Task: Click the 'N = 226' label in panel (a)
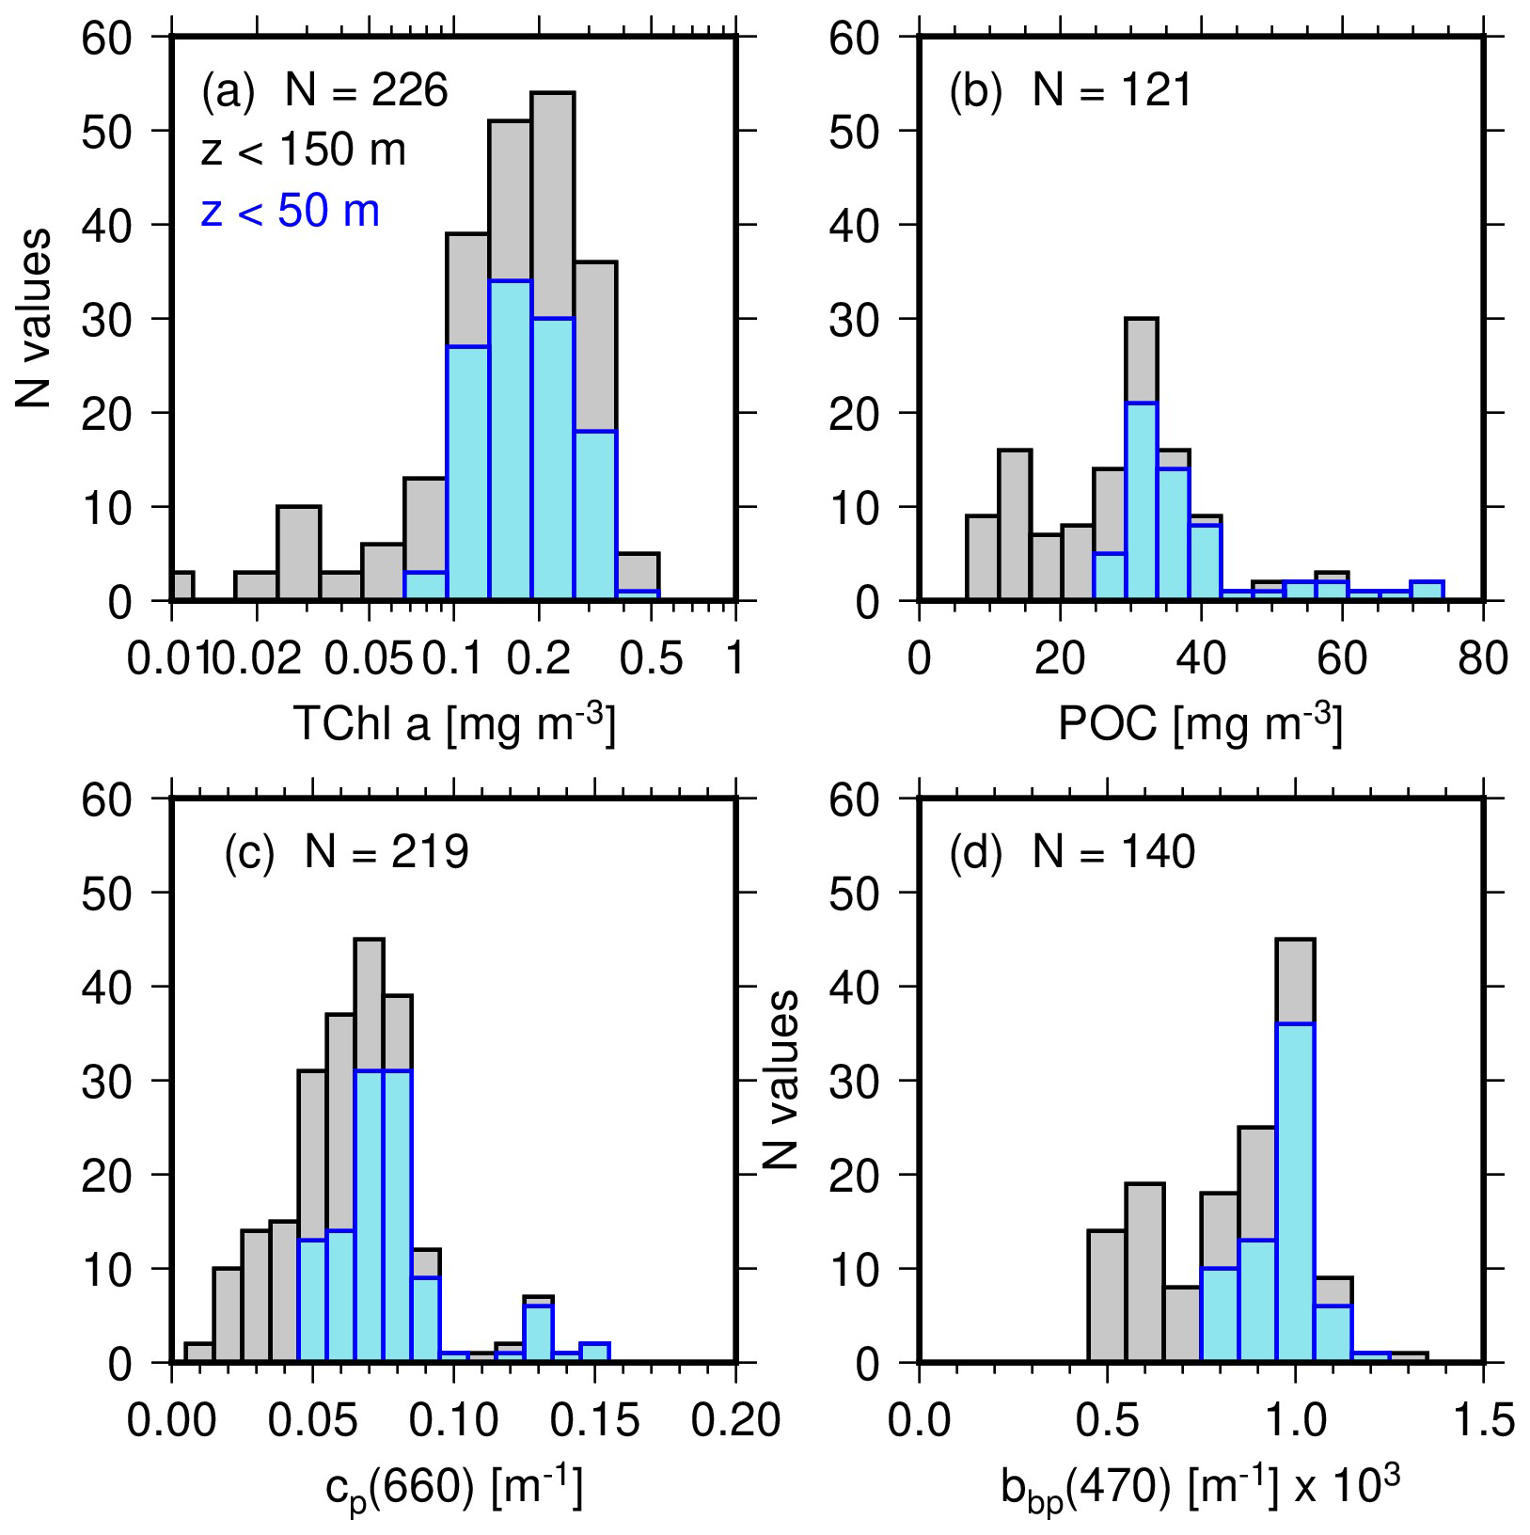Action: tap(367, 91)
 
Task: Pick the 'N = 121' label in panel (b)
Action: tap(1112, 91)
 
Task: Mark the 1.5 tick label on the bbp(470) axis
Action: tap(1483, 1420)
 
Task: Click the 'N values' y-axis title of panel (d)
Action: tap(781, 1080)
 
